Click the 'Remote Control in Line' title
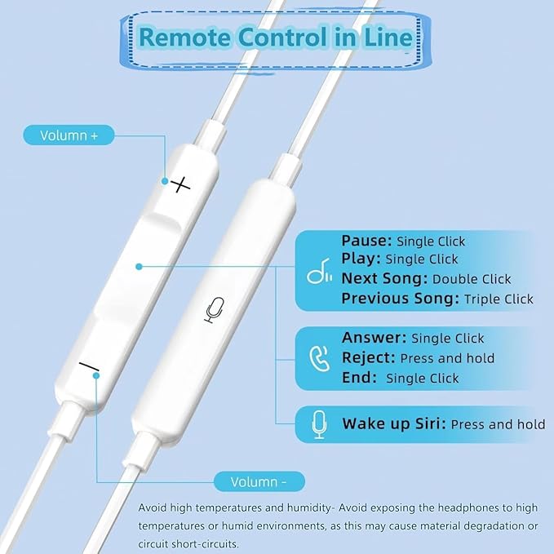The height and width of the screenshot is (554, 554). pyautogui.click(x=275, y=37)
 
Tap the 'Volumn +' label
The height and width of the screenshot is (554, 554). pyautogui.click(x=69, y=135)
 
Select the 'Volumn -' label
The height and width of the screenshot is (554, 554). pyautogui.click(x=259, y=481)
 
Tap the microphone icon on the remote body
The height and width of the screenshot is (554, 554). pyautogui.click(x=215, y=310)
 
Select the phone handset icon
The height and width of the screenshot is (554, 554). pyautogui.click(x=320, y=358)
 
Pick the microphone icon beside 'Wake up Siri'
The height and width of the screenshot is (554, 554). pyautogui.click(x=320, y=424)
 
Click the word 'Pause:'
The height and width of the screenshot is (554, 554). pyautogui.click(x=367, y=241)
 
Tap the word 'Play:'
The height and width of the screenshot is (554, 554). pyautogui.click(x=361, y=259)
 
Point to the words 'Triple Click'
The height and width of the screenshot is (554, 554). pyautogui.click(x=499, y=299)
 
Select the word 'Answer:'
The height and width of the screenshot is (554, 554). pyautogui.click(x=375, y=338)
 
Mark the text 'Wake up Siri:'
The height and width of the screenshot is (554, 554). pyautogui.click(x=394, y=423)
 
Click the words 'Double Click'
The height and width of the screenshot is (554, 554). pyautogui.click(x=472, y=279)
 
